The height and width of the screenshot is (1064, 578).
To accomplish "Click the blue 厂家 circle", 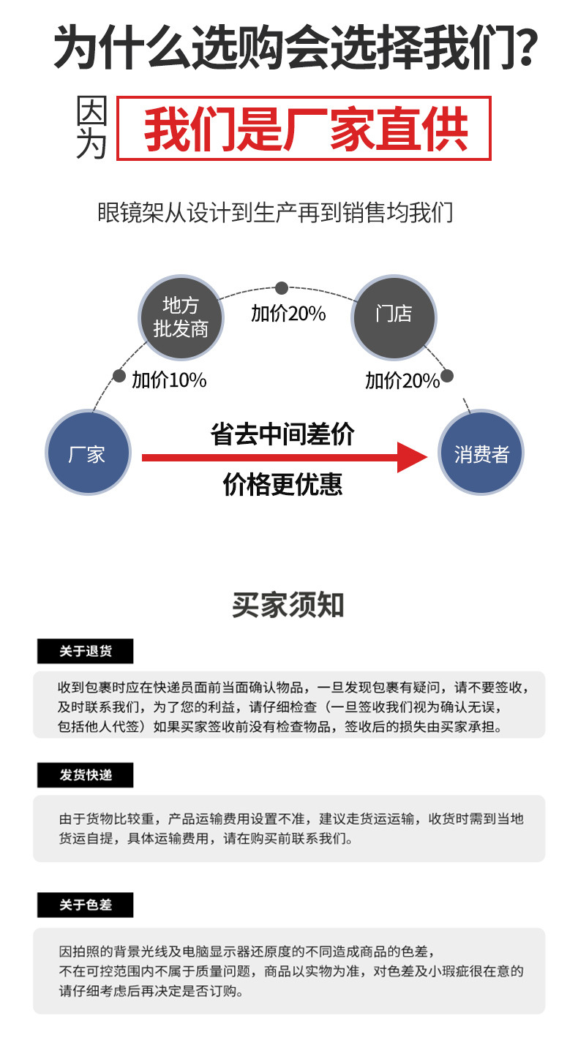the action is (x=88, y=454).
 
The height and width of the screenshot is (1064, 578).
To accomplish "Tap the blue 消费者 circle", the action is (x=481, y=454).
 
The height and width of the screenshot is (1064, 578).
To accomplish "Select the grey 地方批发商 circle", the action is (x=181, y=317).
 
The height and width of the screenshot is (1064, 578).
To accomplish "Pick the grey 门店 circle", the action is (x=394, y=317).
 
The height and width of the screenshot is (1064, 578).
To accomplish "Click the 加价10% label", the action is (x=169, y=380).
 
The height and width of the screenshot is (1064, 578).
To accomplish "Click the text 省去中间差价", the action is (x=282, y=434).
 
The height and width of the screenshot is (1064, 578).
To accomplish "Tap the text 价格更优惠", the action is (x=282, y=484).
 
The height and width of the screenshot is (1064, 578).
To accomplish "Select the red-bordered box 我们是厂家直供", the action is (x=304, y=129).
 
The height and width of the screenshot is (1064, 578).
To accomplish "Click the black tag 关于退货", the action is (x=86, y=651).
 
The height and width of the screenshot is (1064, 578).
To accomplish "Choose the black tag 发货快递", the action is (x=86, y=775).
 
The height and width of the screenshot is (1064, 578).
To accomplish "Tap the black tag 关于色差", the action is (x=86, y=905).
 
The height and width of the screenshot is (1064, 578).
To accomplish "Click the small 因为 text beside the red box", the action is (x=92, y=129).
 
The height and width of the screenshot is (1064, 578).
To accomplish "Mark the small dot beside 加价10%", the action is (x=119, y=376).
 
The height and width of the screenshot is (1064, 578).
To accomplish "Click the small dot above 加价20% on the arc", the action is (x=282, y=289).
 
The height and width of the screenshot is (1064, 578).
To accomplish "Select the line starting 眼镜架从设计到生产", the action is (x=275, y=213).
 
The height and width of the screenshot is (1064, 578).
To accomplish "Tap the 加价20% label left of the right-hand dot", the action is (x=402, y=380).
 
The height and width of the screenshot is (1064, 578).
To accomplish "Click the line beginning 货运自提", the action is (x=206, y=839).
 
